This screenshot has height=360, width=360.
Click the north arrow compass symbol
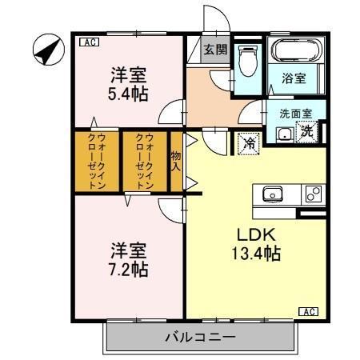[49, 50]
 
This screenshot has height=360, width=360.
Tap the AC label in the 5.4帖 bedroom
[90, 42]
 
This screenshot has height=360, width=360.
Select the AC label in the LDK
[308, 311]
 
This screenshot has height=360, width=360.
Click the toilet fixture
[248, 61]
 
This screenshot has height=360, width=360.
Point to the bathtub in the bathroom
[296, 50]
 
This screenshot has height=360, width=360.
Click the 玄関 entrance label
[215, 50]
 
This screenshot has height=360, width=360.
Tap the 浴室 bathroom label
[294, 78]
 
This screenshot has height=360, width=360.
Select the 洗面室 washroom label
[296, 114]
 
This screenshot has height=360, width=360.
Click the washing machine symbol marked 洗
[307, 131]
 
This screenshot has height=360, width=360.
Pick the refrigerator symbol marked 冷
[249, 143]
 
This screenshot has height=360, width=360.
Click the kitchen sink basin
[273, 194]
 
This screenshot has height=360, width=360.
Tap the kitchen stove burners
[314, 194]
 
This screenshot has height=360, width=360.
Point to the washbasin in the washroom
[285, 135]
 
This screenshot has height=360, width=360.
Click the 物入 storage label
[176, 161]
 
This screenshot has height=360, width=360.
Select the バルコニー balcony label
[201, 337]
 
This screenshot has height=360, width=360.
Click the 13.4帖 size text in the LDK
[256, 253]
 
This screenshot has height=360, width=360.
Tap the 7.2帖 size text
[128, 270]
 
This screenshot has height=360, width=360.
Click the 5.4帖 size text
[128, 94]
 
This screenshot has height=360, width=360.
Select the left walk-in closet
[97, 162]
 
